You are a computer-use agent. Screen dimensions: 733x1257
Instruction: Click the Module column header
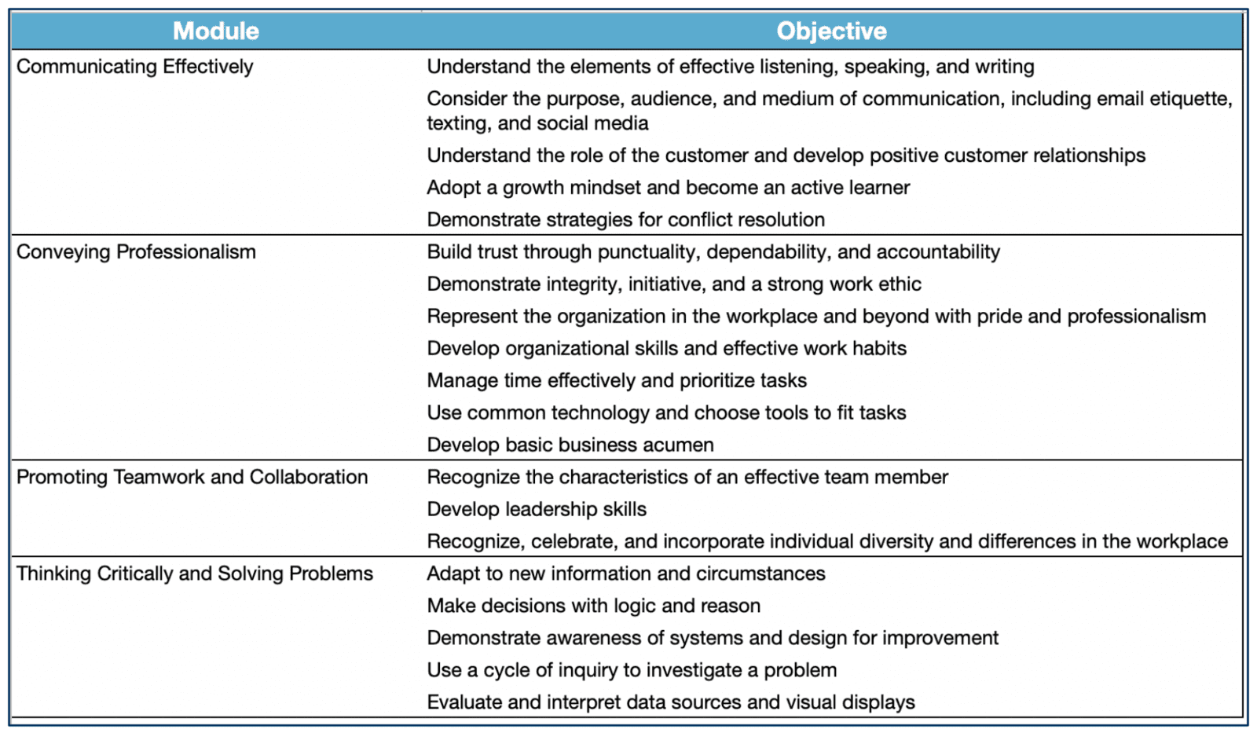(x=216, y=31)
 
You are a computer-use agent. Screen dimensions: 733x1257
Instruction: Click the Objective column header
(x=831, y=31)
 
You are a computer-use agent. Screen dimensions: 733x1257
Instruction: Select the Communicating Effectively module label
(x=135, y=67)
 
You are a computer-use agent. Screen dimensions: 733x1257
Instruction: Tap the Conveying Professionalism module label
(x=136, y=252)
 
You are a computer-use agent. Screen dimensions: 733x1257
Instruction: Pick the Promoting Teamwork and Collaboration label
(x=192, y=477)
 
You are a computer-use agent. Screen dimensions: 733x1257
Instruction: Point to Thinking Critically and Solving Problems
(x=195, y=574)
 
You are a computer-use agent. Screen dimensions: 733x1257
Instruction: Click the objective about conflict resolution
(x=625, y=220)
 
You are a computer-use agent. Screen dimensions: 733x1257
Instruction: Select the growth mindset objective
(x=668, y=188)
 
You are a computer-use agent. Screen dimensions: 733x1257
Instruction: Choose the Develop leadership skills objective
(x=537, y=509)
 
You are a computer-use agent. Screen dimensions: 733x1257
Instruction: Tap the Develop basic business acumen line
(x=570, y=445)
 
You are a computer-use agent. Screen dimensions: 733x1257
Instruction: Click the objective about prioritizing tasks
(x=617, y=380)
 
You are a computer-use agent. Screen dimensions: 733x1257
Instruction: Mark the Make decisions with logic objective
(x=593, y=606)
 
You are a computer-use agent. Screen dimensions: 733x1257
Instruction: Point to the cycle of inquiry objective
(x=632, y=670)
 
